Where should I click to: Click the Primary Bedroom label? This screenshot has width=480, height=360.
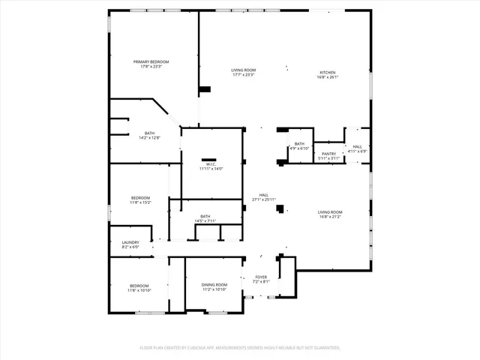point(151,61)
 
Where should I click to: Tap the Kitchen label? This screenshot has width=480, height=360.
point(328,72)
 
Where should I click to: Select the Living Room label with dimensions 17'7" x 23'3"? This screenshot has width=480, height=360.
point(243,70)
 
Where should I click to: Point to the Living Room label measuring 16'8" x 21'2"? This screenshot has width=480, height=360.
point(330,212)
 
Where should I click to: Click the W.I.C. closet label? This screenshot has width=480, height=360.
point(212,163)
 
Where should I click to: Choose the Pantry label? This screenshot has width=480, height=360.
point(328,153)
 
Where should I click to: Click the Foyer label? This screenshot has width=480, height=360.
point(261,277)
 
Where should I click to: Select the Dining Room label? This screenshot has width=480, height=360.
point(214,284)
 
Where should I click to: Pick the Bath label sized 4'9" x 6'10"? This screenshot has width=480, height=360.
point(299,143)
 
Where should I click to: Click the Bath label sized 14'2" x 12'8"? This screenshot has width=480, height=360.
point(150,133)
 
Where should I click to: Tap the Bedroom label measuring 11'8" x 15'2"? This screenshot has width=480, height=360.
point(140,197)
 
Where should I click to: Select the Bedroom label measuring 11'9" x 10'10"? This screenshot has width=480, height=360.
point(139,285)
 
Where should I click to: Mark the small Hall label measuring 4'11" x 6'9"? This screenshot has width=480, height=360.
point(357,146)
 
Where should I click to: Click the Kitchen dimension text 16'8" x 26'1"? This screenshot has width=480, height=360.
point(328,76)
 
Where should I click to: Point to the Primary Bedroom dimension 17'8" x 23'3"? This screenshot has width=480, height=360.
point(151,67)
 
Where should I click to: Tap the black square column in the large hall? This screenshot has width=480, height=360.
point(280,209)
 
